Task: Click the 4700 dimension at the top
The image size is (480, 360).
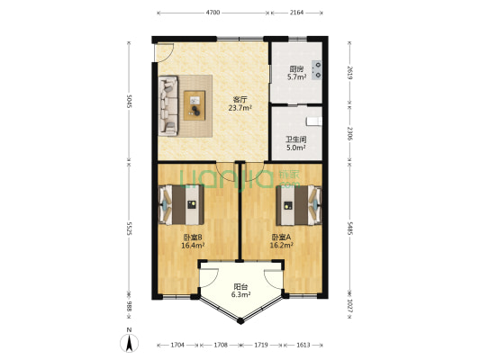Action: (213, 13)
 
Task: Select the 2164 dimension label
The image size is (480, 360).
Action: (296, 13)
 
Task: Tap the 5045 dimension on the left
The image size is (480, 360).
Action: (129, 101)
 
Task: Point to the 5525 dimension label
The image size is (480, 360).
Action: (129, 229)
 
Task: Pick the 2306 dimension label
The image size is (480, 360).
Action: (350, 133)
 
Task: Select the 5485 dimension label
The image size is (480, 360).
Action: (350, 228)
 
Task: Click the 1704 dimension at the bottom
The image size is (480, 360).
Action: (177, 345)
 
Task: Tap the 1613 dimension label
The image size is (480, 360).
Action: (303, 345)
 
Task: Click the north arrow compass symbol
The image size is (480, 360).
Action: (129, 343)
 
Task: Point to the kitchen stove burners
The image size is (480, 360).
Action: (317, 69)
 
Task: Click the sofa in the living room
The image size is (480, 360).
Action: (168, 106)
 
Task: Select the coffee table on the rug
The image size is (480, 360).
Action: (195, 105)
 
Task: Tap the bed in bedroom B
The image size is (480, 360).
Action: (181, 205)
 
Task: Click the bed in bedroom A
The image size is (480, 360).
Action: (299, 205)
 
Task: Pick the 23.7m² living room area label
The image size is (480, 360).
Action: (240, 108)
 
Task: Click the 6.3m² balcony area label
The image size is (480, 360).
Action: (240, 295)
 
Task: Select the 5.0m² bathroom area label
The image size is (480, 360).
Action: (296, 148)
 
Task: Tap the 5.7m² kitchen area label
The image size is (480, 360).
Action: (296, 77)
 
